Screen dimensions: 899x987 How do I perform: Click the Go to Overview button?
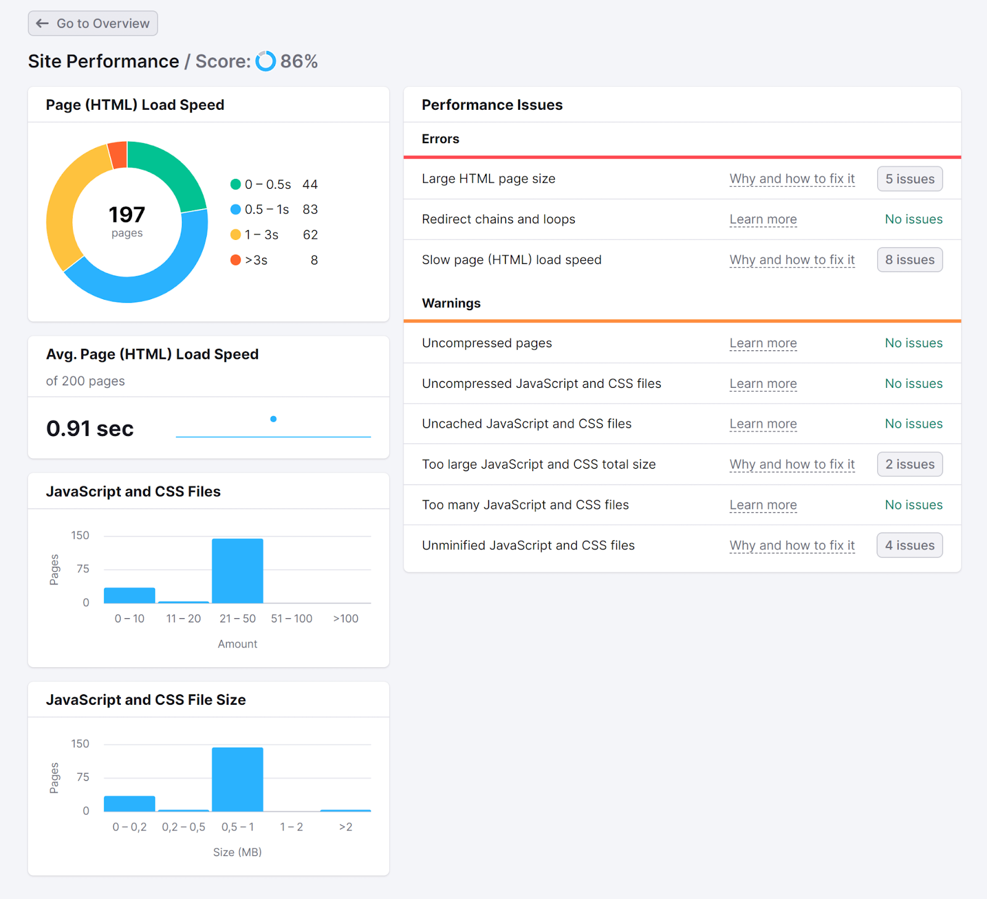point(93,23)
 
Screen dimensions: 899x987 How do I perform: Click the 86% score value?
point(299,61)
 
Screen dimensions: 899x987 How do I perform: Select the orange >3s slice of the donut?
point(118,155)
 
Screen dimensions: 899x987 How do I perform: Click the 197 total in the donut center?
point(127,215)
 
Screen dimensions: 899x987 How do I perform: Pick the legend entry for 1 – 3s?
point(261,235)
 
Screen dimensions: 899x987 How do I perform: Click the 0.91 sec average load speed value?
point(90,429)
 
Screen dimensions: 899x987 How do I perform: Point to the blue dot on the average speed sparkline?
point(273,419)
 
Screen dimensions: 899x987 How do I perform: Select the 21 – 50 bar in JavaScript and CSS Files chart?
point(237,570)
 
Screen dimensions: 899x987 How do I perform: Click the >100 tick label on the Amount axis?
point(345,618)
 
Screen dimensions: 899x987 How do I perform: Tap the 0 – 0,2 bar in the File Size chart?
point(130,803)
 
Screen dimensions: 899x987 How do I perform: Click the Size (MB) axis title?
point(237,852)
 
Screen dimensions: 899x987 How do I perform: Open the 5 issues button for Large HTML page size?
point(910,179)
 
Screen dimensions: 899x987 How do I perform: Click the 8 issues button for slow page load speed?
point(910,260)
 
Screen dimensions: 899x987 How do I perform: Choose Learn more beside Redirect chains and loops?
point(763,220)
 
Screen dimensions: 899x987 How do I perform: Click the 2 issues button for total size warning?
point(910,464)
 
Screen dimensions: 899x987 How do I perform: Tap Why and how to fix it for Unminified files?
point(792,546)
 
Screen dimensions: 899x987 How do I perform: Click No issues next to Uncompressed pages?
point(914,343)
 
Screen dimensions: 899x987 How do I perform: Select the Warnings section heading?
point(451,303)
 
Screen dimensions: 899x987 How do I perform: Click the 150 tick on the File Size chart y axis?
point(80,744)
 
